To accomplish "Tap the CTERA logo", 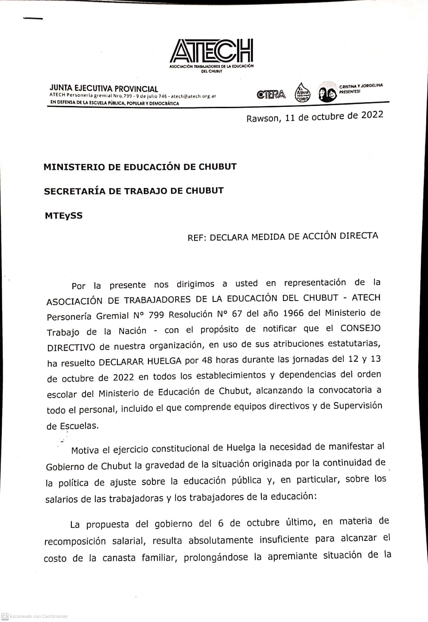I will (271, 94).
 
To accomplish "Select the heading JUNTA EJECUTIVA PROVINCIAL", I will (104, 89).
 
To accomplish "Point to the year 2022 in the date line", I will (372, 115).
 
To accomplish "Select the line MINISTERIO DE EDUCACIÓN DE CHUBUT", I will (140, 167).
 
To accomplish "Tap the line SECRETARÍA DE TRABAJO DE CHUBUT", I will (133, 191).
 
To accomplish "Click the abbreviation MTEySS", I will (63, 216).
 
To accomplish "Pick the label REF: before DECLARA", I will (197, 238).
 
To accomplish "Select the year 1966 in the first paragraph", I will (290, 313).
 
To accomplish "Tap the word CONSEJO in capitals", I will (360, 328).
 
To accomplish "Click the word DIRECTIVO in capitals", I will (71, 347).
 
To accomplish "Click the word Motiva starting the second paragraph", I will (85, 450).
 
